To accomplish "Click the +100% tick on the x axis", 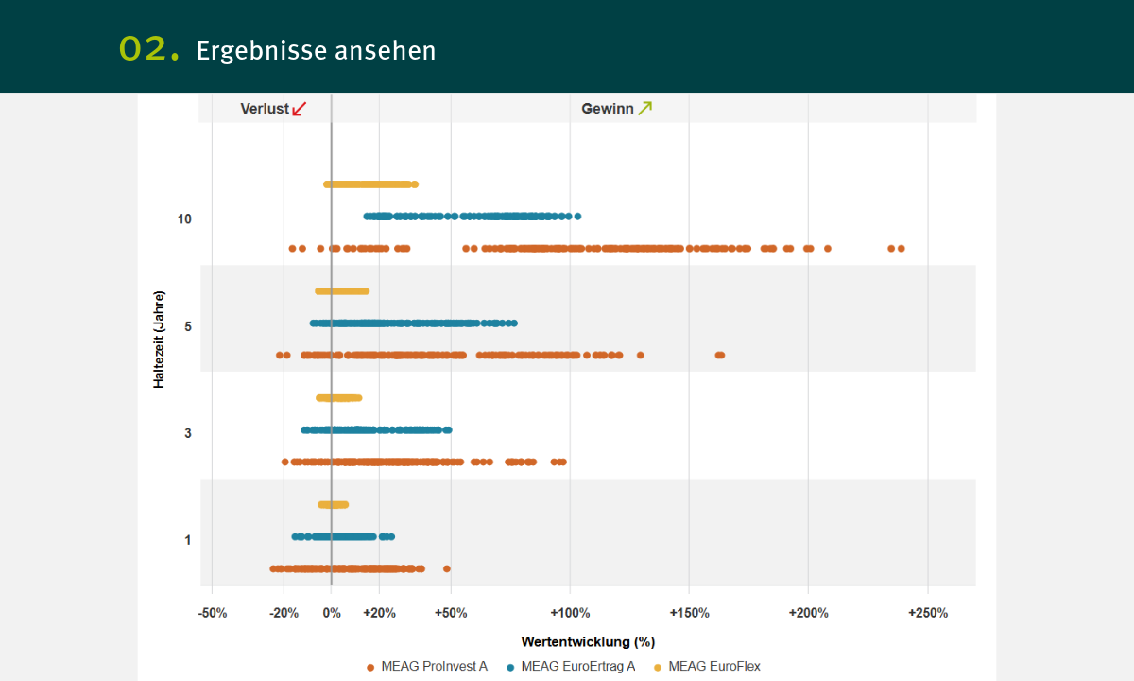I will point(570,613).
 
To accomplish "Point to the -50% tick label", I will point(212,613).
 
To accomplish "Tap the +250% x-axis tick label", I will point(927,613).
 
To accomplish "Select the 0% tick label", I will point(332,613).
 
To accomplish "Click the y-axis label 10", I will point(184,219).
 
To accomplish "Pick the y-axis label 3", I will point(188,433).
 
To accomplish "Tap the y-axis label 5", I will point(188,326).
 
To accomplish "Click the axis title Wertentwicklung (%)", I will point(588,641).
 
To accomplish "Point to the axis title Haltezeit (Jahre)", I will point(160,326).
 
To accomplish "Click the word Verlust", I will point(265,109).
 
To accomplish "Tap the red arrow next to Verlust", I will point(300,109).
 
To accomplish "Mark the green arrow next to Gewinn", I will point(644,108).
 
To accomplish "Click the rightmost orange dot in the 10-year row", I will point(902,249).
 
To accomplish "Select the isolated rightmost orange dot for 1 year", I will point(447,569).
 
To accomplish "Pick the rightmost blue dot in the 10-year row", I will point(578,217).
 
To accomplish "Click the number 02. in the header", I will point(149,49).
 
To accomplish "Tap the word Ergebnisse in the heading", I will point(249,50).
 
